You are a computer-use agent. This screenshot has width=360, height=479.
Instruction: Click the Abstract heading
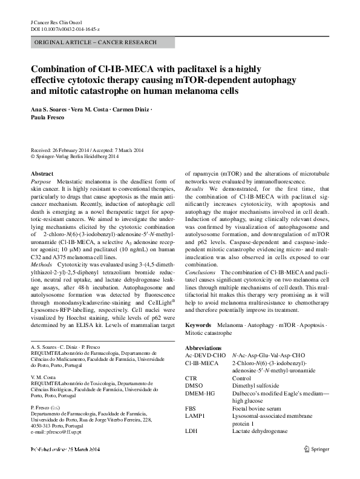pos(42,173)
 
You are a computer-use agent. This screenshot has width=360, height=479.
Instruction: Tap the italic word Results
pos(194,189)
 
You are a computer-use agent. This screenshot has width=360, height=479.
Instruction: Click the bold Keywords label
pos(198,325)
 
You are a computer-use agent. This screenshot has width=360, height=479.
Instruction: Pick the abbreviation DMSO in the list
pos(193,385)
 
